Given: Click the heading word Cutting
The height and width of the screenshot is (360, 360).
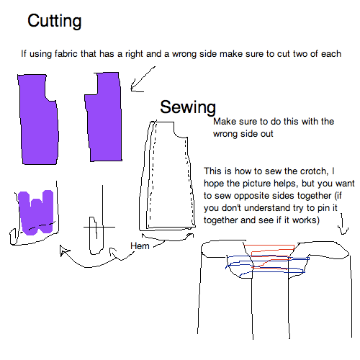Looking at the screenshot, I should [x=54, y=22].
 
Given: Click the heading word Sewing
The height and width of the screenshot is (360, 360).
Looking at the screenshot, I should [x=187, y=108].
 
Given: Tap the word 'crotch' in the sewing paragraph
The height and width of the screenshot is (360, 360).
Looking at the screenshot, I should [x=310, y=171].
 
